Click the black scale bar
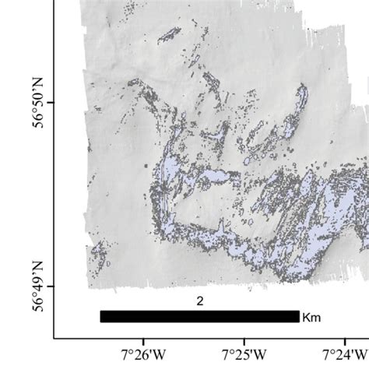point(199,316)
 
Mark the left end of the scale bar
point(101,316)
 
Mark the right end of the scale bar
point(298,316)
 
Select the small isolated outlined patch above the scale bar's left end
point(98,254)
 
